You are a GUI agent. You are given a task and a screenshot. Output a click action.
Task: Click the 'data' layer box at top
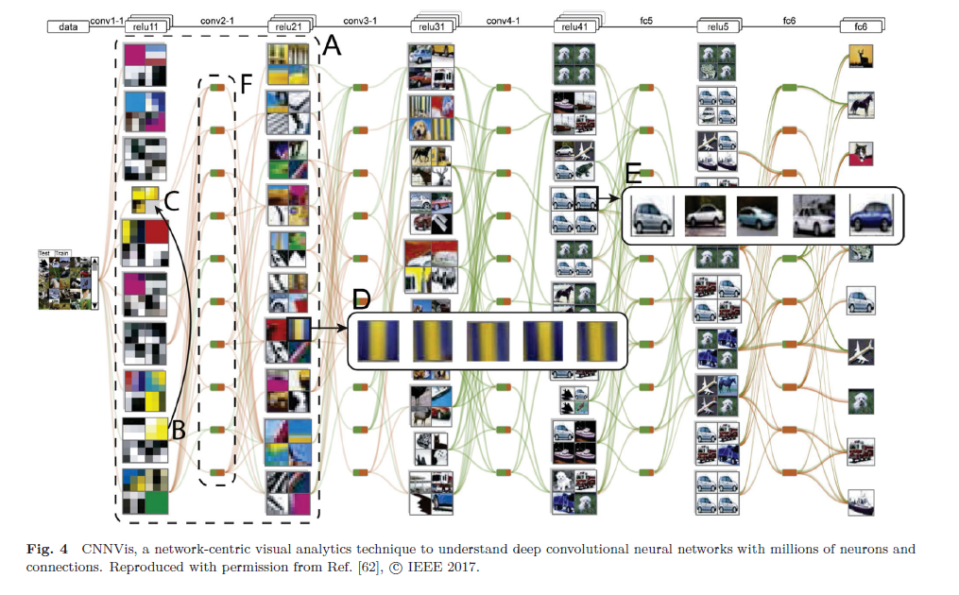pos(68,27)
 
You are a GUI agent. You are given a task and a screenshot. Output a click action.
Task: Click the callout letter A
pos(333,45)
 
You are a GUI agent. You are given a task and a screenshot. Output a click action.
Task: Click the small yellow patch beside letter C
pos(144,200)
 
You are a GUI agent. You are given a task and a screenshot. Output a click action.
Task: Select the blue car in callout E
pos(872,215)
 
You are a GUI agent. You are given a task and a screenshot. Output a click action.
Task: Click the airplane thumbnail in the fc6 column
pos(861,350)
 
